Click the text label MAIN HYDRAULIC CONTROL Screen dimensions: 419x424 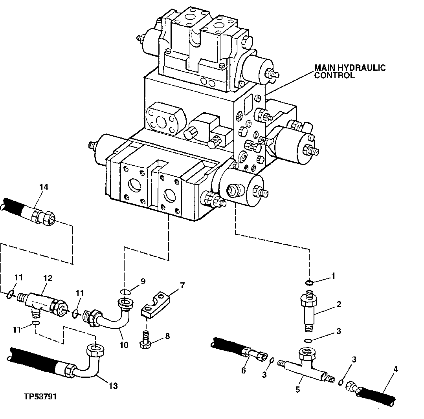349,71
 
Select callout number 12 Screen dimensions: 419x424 48,278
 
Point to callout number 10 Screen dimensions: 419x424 124,345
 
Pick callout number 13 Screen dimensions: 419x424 113,386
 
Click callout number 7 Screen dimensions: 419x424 182,285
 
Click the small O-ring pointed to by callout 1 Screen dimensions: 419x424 309,283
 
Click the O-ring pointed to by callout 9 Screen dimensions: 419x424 125,292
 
